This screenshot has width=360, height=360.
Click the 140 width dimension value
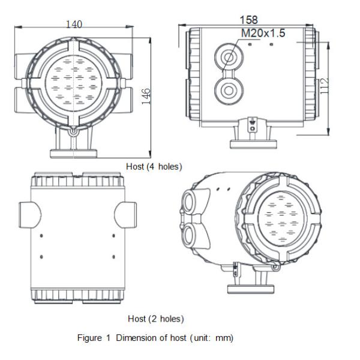click(74, 24)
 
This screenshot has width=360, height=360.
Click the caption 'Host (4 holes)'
click(154, 166)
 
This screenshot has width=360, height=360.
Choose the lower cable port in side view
click(229, 90)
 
